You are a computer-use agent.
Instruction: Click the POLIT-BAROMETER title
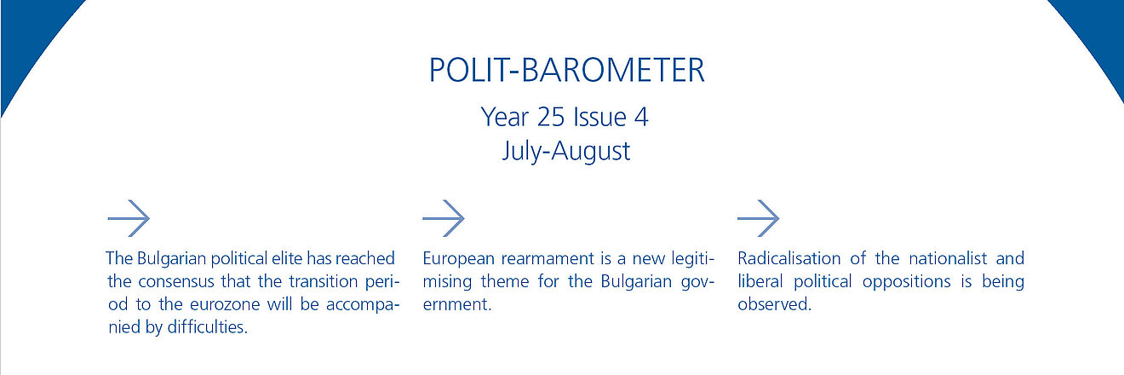click(x=567, y=70)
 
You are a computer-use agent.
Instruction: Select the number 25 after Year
click(x=551, y=117)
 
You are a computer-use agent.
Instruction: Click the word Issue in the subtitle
click(x=599, y=117)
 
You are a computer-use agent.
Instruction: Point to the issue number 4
click(x=641, y=117)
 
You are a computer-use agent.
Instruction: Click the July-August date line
click(x=566, y=151)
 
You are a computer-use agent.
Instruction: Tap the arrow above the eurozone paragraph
click(x=129, y=218)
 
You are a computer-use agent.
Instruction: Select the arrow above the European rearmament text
click(x=444, y=218)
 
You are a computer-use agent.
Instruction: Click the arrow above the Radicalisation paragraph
click(x=758, y=218)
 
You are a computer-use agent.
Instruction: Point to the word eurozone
click(x=225, y=304)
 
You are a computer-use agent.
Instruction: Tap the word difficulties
click(x=207, y=327)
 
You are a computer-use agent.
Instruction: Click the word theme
click(x=505, y=281)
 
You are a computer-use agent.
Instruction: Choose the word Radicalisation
click(x=789, y=258)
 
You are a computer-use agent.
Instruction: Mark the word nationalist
click(x=948, y=258)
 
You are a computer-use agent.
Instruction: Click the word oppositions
click(x=906, y=281)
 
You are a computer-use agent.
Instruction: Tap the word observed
click(x=774, y=304)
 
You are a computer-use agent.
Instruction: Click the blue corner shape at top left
click(x=25, y=35)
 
